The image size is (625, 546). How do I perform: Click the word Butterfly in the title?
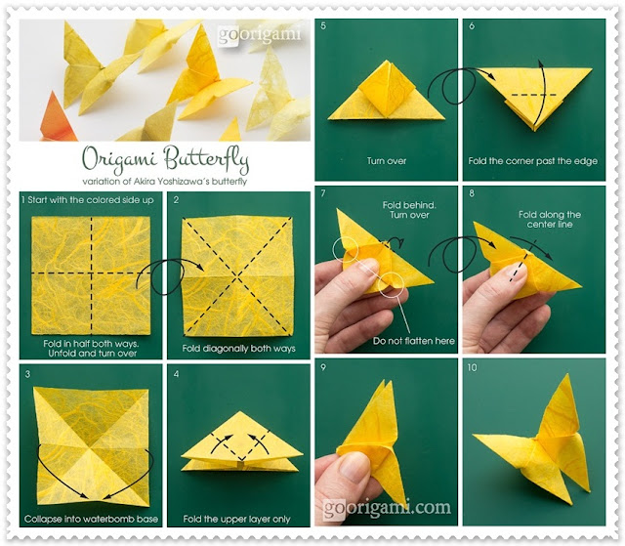click(206, 159)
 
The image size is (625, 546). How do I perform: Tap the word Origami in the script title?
click(119, 159)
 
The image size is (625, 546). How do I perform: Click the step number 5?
click(323, 26)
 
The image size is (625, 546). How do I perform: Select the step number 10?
click(472, 367)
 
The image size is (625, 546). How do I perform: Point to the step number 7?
click(323, 193)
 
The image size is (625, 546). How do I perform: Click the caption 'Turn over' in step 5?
click(387, 161)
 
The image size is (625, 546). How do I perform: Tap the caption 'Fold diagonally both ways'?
click(238, 349)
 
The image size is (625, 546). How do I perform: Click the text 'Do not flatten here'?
click(414, 341)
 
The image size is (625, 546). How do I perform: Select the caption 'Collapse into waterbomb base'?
click(91, 519)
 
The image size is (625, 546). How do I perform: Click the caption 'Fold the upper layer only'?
click(236, 519)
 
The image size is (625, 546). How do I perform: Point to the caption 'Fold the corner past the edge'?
click(533, 161)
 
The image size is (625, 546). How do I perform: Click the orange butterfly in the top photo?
click(58, 117)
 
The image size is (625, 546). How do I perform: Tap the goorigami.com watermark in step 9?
click(387, 508)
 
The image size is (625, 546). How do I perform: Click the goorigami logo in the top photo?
click(259, 34)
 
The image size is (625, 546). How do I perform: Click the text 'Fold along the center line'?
click(550, 220)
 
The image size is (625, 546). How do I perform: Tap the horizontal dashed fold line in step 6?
click(534, 95)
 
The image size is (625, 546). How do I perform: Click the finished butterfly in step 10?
click(532, 439)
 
